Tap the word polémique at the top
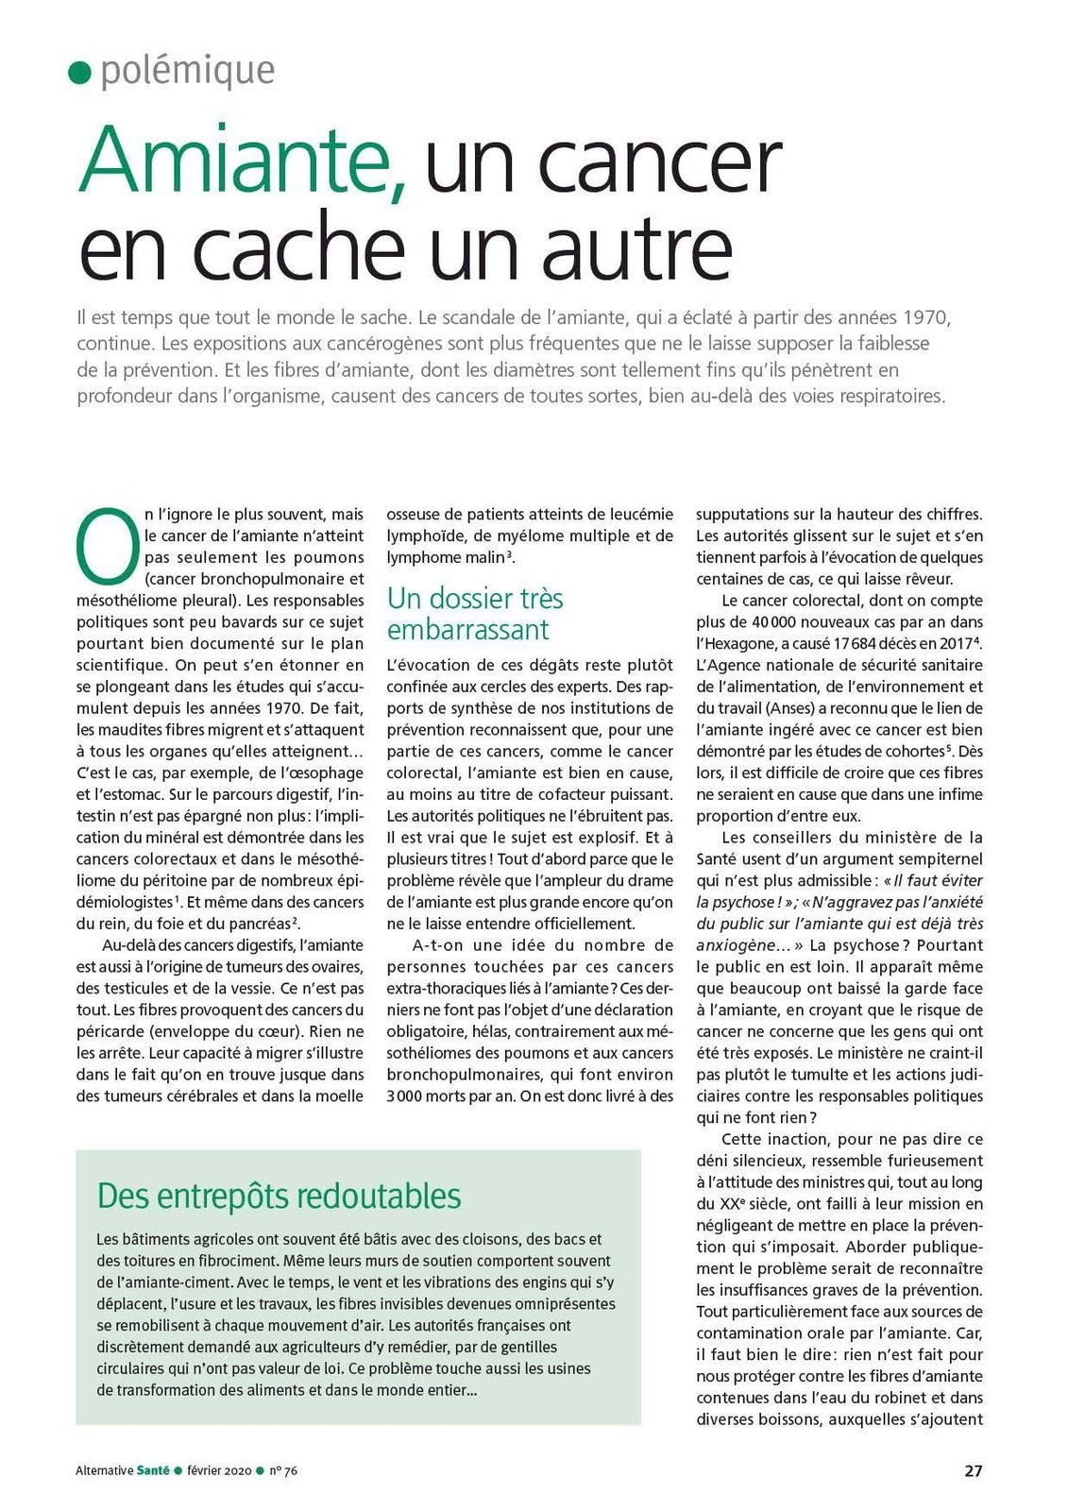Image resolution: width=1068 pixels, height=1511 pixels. point(188,71)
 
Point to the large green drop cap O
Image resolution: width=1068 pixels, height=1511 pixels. point(105,545)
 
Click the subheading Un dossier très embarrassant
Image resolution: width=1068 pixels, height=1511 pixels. point(475,614)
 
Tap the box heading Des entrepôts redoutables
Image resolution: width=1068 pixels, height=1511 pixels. point(279,1196)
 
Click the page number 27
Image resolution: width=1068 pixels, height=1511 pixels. point(973,1470)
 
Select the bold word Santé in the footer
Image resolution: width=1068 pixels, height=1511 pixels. point(153,1470)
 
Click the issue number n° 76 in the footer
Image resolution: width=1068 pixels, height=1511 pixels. point(283,1470)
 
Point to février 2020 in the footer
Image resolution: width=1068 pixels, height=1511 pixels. point(219,1470)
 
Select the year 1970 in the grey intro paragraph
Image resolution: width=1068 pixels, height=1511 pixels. point(925,316)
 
